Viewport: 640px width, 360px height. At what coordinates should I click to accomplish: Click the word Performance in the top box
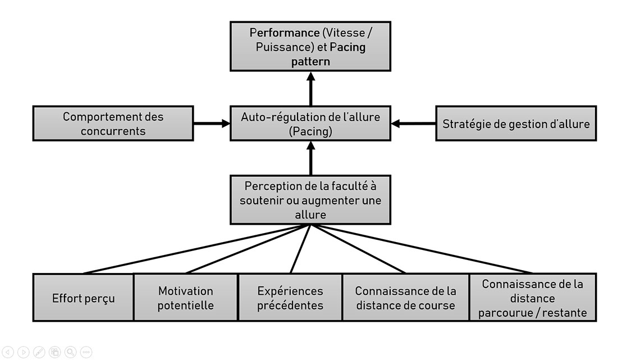(284, 33)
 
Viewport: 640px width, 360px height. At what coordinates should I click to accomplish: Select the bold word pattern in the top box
(310, 62)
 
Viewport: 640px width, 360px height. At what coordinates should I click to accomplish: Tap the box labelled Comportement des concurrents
(113, 124)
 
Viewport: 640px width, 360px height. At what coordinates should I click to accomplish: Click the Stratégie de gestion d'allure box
(516, 124)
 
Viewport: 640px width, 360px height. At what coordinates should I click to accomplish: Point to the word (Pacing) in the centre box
(310, 131)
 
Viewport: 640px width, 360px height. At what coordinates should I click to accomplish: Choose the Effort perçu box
(83, 298)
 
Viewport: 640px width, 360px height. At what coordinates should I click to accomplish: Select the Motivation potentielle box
(186, 298)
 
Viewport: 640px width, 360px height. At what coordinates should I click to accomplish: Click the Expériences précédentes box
(290, 298)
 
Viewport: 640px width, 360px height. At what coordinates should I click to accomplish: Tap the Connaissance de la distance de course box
(405, 298)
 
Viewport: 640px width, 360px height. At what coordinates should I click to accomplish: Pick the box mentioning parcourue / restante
(532, 298)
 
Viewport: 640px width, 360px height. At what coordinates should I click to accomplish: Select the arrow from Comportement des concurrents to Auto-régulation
(212, 124)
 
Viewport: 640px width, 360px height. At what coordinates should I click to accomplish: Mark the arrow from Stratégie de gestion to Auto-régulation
(413, 124)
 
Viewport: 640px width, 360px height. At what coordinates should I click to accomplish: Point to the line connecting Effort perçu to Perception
(196, 249)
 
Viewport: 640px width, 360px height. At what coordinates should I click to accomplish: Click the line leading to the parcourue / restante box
(421, 249)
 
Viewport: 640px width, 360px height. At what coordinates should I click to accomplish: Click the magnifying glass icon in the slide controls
(70, 352)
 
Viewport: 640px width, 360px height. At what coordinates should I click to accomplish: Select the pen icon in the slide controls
(39, 352)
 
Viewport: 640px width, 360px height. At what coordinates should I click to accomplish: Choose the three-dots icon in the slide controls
(86, 352)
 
